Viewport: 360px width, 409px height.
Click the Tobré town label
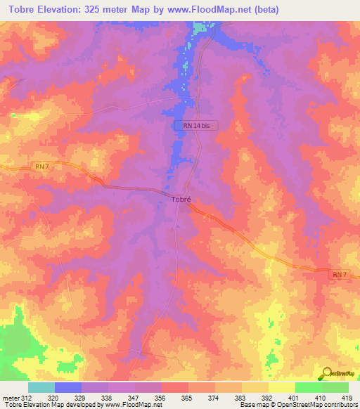coord(181,199)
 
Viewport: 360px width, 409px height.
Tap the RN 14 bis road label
coord(196,125)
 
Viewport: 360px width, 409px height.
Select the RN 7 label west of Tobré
coord(42,166)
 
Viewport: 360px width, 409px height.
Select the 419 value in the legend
coord(347,397)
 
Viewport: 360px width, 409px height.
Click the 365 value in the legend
coord(186,397)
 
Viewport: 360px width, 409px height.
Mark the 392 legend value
coord(266,397)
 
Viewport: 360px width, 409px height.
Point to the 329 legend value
coord(80,397)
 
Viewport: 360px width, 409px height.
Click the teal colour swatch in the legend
coord(41,387)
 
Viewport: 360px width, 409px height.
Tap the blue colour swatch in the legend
coord(68,387)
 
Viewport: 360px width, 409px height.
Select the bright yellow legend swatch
coord(282,387)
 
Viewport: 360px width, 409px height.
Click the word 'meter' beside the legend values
coord(10,397)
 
